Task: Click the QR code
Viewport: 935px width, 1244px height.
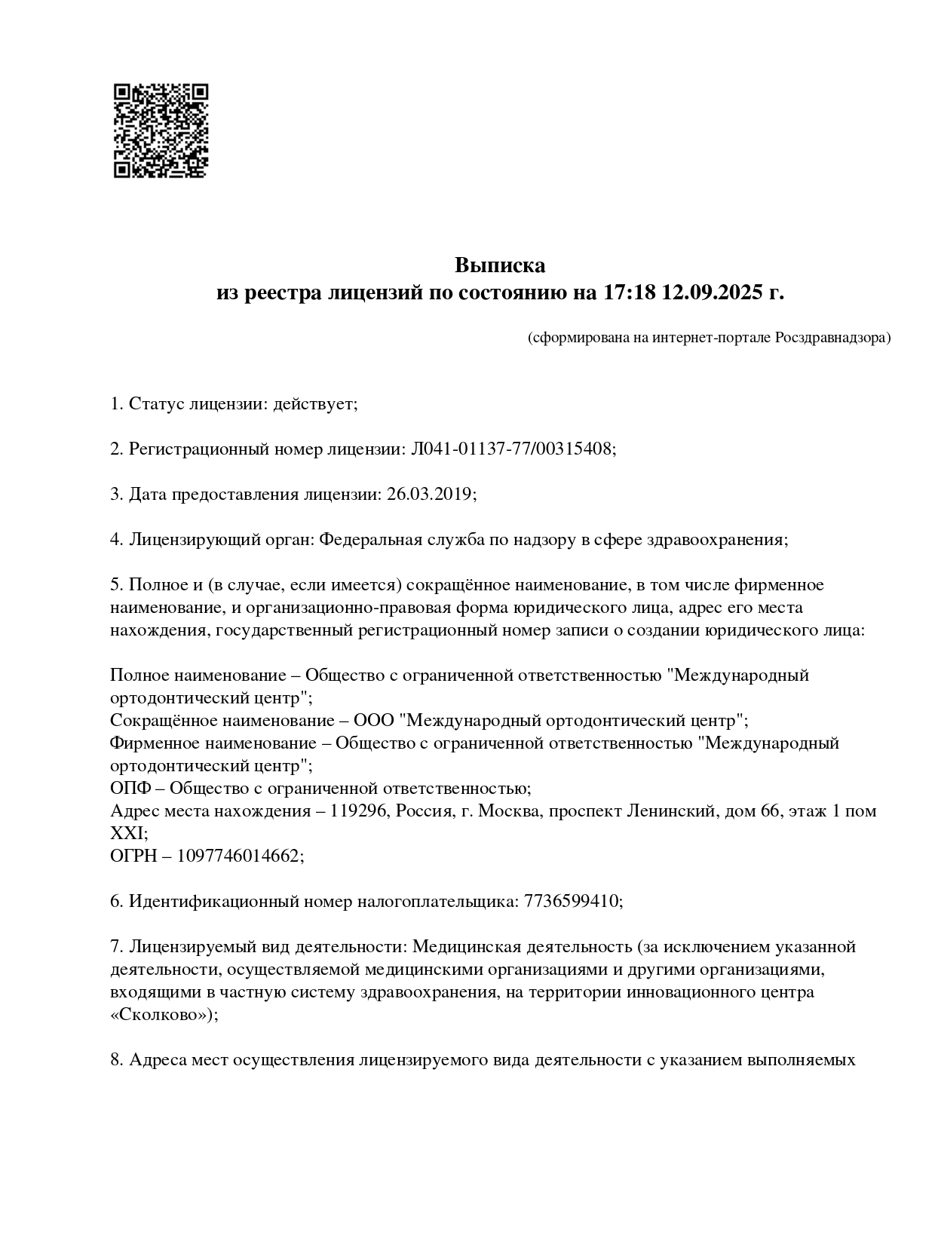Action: tap(161, 130)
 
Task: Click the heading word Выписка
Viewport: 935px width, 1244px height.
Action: tap(499, 265)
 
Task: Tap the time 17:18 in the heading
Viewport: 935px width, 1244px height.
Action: tap(629, 293)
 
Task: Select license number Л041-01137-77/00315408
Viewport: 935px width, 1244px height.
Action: tap(511, 449)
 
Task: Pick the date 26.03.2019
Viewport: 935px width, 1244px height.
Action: tap(430, 495)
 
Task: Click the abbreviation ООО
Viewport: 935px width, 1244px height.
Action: tap(374, 720)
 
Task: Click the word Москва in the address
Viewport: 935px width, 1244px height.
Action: tap(509, 811)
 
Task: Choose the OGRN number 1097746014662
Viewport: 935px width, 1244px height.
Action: tap(238, 856)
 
